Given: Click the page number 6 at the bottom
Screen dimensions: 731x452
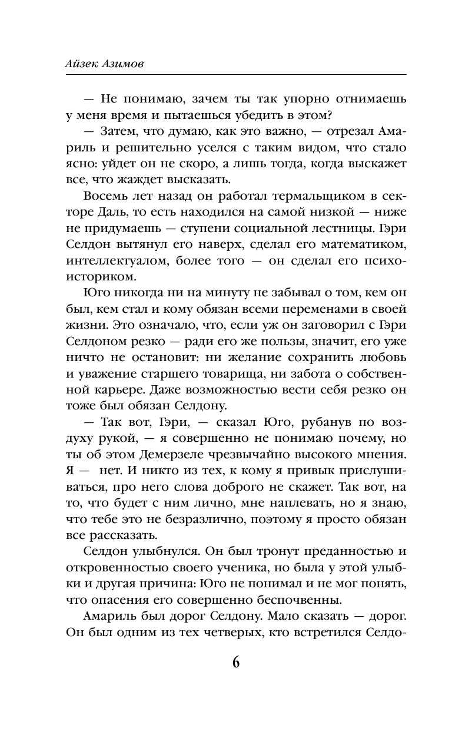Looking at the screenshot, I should (x=235, y=662).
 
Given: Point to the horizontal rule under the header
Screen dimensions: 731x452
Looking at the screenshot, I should (x=235, y=74).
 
